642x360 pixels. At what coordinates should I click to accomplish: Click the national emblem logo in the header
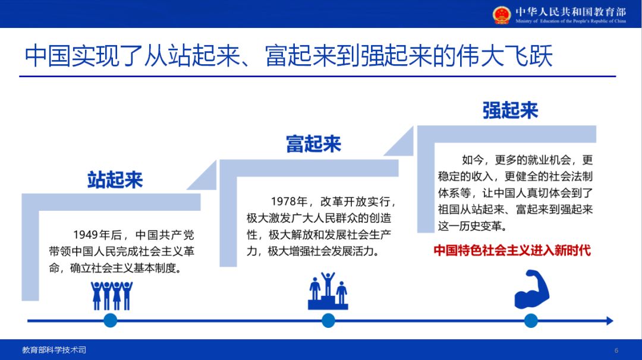[502, 14]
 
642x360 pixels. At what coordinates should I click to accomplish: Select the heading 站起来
[115, 179]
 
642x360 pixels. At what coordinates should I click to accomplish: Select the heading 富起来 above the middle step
[313, 144]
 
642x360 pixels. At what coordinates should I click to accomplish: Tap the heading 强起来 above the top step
[510, 110]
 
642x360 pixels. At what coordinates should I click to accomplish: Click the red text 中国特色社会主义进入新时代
[512, 250]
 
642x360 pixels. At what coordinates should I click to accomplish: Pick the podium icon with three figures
[328, 291]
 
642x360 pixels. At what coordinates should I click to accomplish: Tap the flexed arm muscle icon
[531, 290]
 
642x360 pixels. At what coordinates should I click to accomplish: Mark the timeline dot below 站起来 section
[111, 321]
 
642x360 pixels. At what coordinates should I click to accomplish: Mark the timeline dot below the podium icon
[329, 321]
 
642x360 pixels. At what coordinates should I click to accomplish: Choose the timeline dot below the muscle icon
[531, 321]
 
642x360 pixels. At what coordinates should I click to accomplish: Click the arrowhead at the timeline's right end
[609, 321]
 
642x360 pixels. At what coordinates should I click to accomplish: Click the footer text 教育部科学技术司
[54, 350]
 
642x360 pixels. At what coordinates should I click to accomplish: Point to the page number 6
[616, 350]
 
